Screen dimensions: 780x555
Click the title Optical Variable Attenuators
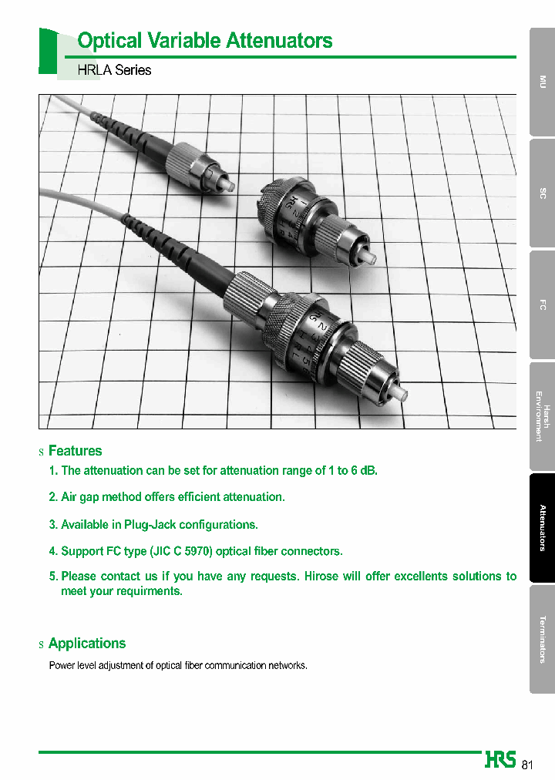tap(205, 41)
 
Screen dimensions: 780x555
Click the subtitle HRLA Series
tap(114, 70)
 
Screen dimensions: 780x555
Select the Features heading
tap(75, 451)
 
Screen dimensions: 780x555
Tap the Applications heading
tap(86, 644)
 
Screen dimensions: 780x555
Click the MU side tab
tap(543, 82)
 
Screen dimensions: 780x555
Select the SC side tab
tap(543, 193)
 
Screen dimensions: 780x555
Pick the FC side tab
tap(543, 304)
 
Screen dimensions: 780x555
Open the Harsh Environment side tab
tap(543, 416)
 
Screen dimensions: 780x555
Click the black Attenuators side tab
tap(543, 527)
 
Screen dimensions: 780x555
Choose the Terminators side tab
tap(543, 639)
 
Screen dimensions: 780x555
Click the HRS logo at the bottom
tap(500, 760)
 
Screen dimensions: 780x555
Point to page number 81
tap(527, 765)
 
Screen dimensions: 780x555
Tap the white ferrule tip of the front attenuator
tap(400, 395)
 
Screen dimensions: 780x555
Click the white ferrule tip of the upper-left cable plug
tap(227, 186)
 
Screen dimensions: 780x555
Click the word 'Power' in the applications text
tap(62, 665)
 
